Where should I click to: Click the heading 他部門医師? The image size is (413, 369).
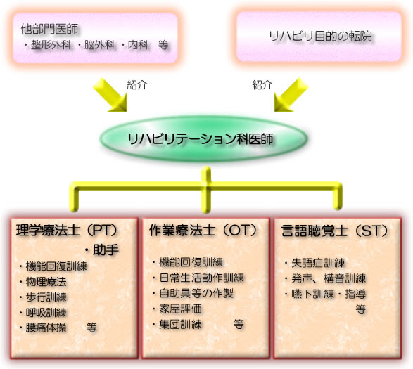49,29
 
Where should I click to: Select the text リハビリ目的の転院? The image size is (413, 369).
320,36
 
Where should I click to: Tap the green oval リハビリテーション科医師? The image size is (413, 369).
203,138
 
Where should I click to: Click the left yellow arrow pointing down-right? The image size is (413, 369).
110,95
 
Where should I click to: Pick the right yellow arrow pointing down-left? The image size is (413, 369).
291,95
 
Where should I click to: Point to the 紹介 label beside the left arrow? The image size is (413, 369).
137,85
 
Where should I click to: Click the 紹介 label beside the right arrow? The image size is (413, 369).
262,85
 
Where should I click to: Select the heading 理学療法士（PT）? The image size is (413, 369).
67,231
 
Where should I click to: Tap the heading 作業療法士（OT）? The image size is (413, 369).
203,231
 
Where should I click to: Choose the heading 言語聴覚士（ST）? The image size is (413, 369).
335,231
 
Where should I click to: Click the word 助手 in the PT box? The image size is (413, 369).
106,250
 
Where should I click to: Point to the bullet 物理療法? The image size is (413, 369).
46,282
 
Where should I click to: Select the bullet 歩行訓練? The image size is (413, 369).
46,297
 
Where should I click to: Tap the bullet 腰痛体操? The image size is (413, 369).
46,328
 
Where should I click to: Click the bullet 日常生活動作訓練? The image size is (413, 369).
202,278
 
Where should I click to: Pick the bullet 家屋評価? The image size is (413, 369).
180,309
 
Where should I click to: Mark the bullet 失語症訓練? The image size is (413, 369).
318,263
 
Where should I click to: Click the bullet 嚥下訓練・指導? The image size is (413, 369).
329,294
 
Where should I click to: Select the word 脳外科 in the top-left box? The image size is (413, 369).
100,45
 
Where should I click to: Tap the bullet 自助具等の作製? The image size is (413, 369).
196,293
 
